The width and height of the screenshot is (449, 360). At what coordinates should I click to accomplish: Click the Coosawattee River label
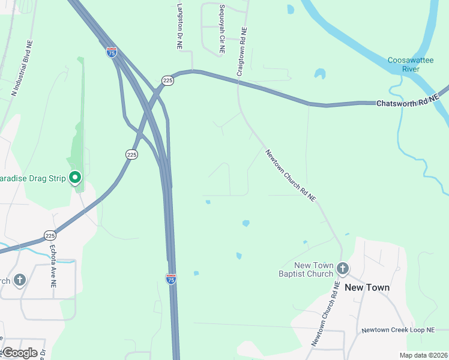tap(411, 65)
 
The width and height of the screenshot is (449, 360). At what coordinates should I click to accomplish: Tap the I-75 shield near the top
tap(112, 52)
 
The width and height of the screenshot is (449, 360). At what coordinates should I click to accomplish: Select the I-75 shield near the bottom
tap(171, 278)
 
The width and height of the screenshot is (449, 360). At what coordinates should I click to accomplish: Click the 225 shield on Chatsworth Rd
tap(167, 80)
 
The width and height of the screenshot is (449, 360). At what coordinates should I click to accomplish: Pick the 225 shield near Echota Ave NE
tap(50, 235)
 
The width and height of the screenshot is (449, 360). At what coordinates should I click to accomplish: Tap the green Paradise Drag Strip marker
tap(75, 178)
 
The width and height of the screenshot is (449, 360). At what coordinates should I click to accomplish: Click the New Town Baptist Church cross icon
tap(343, 268)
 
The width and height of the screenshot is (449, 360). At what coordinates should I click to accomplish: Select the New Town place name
tap(367, 287)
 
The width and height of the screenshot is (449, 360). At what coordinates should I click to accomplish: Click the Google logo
tap(19, 353)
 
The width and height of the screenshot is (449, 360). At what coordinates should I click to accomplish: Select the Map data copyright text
tap(423, 355)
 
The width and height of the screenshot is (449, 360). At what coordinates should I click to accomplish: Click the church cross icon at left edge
tap(19, 280)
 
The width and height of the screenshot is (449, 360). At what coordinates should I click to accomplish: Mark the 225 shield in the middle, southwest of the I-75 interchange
tap(132, 155)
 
